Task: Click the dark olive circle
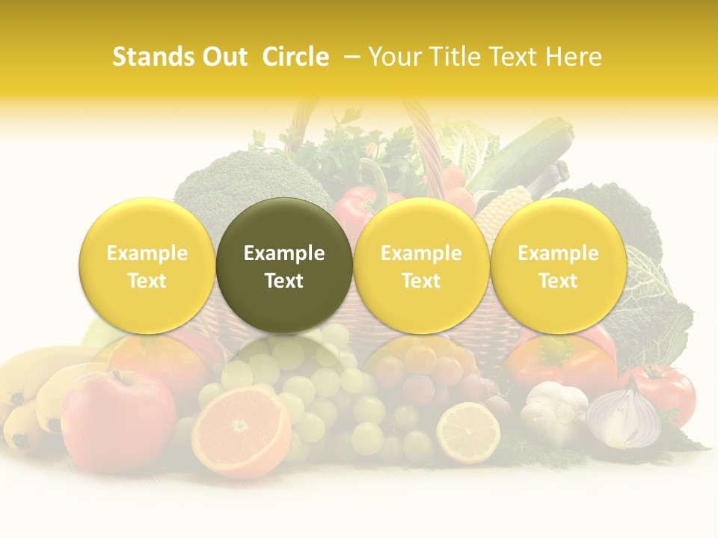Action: click(284, 265)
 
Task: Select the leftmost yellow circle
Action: click(147, 265)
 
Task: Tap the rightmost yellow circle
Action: click(558, 265)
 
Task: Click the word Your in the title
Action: click(395, 57)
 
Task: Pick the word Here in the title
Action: click(577, 57)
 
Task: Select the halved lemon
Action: click(468, 433)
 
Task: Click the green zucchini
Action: click(524, 157)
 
